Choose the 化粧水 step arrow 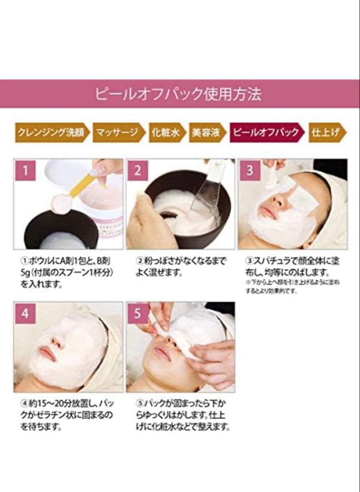[x=167, y=133]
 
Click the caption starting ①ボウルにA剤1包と [x=64, y=272]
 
